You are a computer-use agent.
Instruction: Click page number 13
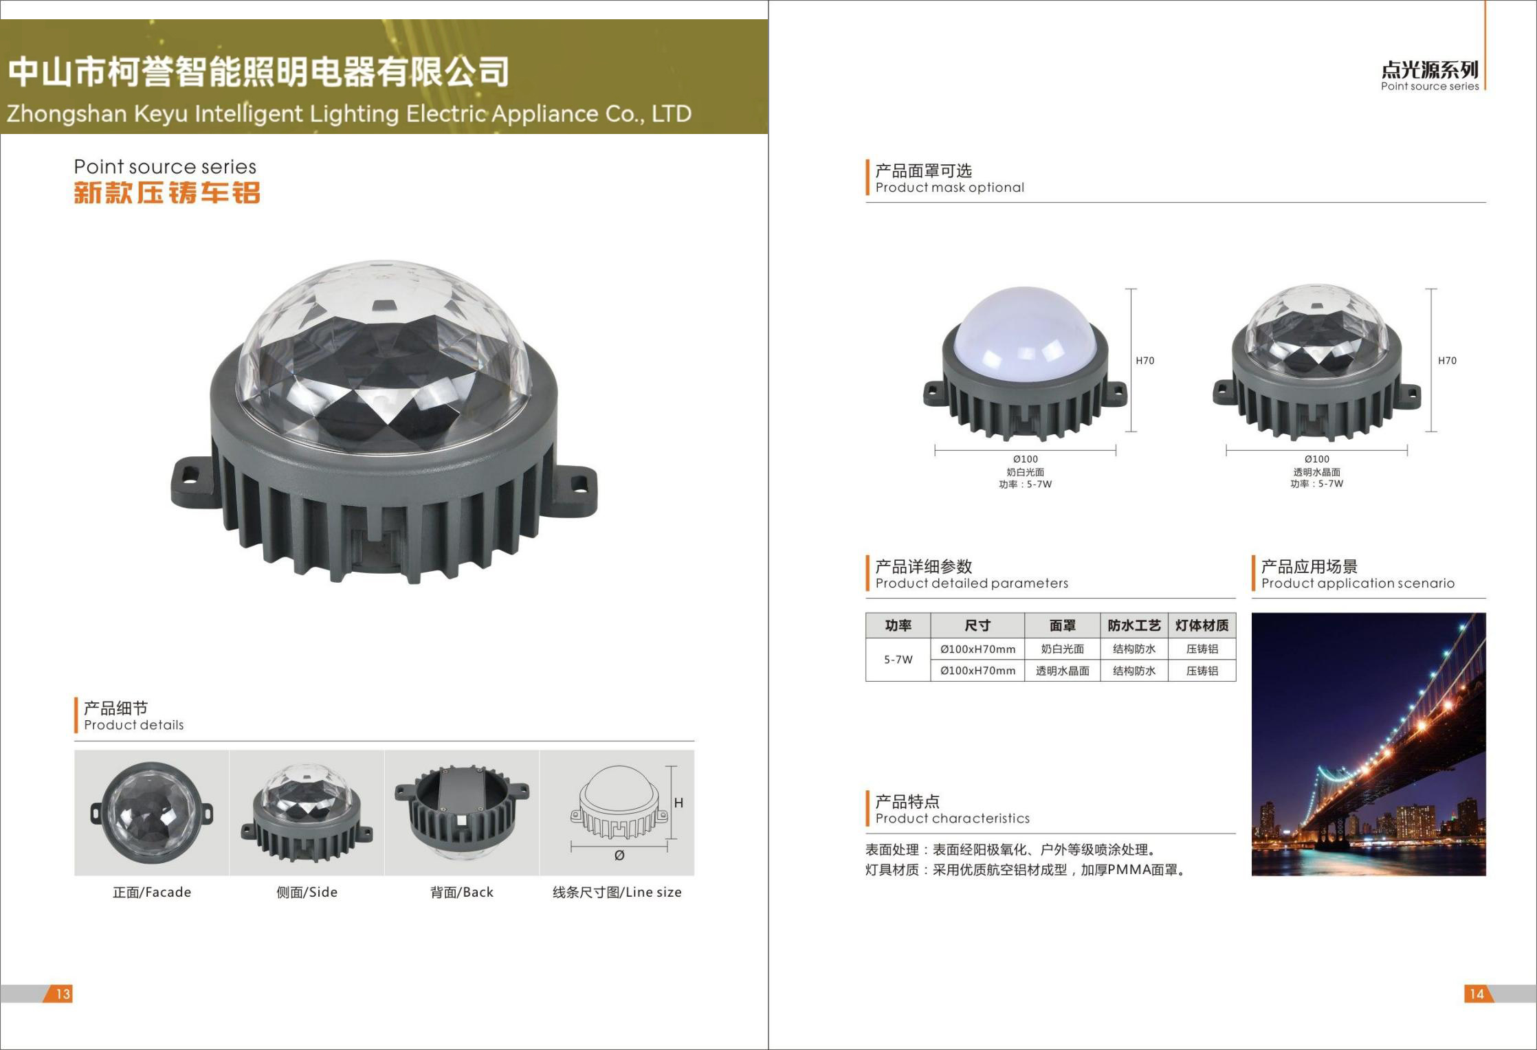63,994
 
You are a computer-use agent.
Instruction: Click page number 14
1477,994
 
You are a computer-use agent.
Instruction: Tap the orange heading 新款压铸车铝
167,192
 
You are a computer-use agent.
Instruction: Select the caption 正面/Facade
152,892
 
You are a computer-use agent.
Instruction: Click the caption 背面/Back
462,892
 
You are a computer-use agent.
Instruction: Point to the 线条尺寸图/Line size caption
617,892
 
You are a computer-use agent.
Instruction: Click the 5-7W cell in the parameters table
898,660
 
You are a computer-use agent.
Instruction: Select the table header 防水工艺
1134,625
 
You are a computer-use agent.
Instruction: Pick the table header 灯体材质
1202,625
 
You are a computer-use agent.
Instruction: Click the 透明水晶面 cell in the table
1063,671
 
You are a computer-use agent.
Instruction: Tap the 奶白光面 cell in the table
1063,649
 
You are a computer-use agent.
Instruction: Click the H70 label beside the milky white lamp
1145,360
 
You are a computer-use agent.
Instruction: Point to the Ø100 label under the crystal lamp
1317,459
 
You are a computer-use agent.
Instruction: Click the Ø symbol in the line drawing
619,856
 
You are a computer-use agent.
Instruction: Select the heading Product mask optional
950,188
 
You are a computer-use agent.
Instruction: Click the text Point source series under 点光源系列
1430,87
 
